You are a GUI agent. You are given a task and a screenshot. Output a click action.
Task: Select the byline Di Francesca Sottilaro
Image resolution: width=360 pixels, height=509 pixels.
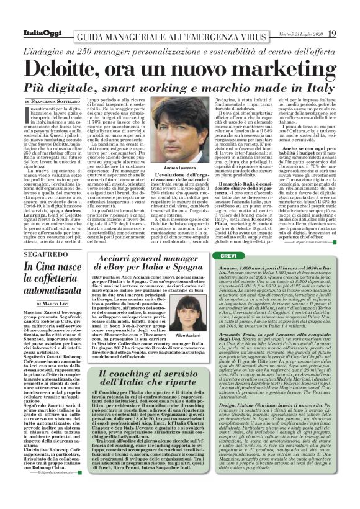pyautogui.click(x=53, y=101)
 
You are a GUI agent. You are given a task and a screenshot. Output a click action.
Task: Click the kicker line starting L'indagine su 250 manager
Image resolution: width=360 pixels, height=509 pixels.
pyautogui.click(x=181, y=49)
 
